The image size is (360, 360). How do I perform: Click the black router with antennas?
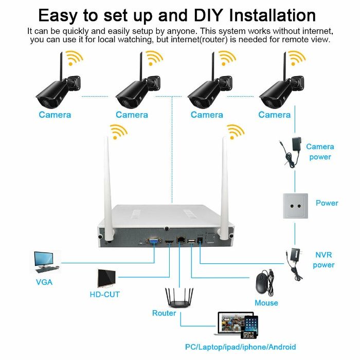pos(178,298)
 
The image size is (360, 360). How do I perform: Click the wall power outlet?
pos(295,205)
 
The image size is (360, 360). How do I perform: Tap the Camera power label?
pos(320,152)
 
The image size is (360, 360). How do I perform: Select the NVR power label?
pos(323,260)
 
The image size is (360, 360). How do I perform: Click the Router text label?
pos(164,313)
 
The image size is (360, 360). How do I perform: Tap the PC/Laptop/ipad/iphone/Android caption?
pos(240,347)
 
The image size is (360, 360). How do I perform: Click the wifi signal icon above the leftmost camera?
pos(75,58)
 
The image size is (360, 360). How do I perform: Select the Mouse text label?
pos(266,303)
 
